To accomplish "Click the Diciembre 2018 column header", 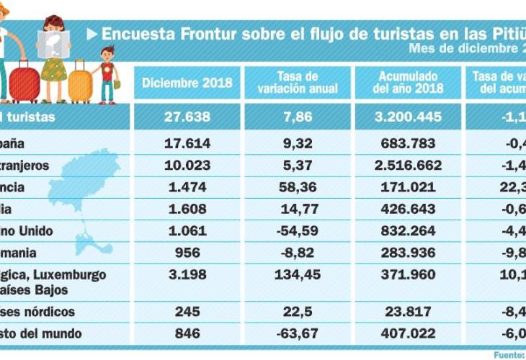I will (187, 83).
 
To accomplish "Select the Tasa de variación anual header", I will (297, 83).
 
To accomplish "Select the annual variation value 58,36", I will (297, 187).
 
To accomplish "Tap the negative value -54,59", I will (297, 231).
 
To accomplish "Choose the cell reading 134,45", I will (297, 276).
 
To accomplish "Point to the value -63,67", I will (297, 333).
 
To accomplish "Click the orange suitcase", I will (80, 86).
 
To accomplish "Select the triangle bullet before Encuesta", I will (92, 34).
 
